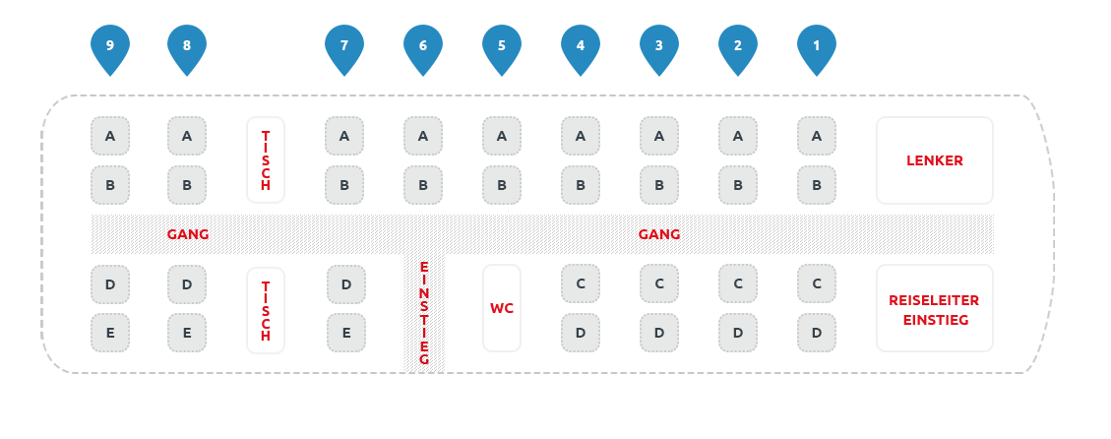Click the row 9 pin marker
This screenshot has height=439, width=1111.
click(110, 48)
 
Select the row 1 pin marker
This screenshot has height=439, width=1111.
click(817, 48)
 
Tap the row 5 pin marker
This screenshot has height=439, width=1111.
click(502, 48)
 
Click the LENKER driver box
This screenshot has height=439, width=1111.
click(934, 160)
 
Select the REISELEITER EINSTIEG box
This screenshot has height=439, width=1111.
click(934, 308)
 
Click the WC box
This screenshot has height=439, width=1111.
click(502, 308)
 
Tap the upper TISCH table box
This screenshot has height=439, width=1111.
click(266, 160)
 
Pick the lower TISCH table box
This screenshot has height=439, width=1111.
click(266, 310)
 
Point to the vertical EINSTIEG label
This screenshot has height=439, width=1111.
click(424, 313)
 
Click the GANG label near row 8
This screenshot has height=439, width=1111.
click(188, 234)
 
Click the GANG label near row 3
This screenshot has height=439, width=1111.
click(659, 234)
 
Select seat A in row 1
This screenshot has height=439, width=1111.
click(817, 136)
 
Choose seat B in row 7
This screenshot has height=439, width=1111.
click(344, 185)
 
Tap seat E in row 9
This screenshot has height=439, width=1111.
click(110, 333)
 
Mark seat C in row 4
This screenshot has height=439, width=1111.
click(581, 283)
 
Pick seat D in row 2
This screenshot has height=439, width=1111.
click(738, 333)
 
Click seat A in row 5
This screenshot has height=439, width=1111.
click(502, 136)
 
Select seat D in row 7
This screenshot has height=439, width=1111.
click(346, 284)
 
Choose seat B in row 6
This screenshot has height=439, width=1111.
click(423, 185)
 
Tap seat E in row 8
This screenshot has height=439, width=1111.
click(187, 333)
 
